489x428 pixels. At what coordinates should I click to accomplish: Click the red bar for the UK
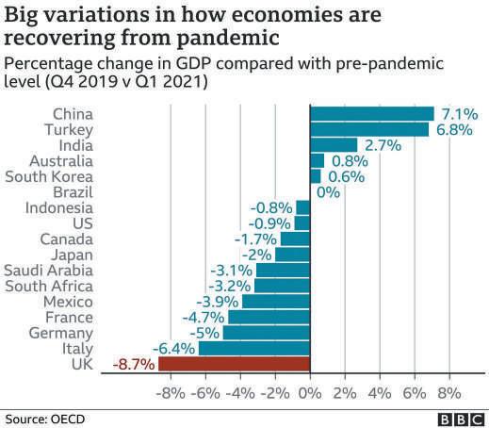click(235, 364)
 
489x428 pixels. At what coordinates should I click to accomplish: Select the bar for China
click(372, 113)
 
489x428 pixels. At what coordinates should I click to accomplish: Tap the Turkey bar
click(369, 129)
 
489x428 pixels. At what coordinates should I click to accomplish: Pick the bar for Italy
click(254, 348)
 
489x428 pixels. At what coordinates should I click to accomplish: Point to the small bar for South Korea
click(316, 176)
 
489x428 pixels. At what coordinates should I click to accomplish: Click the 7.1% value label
click(460, 114)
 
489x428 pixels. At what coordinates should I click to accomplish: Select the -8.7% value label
click(134, 365)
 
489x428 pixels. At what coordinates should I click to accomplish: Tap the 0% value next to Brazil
click(328, 192)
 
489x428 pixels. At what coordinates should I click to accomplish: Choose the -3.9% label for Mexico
click(218, 302)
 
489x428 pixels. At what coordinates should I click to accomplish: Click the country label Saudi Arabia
click(49, 271)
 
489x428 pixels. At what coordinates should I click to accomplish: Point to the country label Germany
click(61, 334)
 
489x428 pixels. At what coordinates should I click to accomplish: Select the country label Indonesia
click(59, 207)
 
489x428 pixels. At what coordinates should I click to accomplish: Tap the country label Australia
click(61, 161)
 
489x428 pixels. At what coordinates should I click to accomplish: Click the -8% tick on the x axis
click(171, 393)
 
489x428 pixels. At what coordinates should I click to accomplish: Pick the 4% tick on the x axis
click(380, 393)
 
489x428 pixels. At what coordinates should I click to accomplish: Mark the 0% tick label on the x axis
click(310, 393)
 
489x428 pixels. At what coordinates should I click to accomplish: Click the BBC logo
click(461, 420)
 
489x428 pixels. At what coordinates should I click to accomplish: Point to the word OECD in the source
click(68, 420)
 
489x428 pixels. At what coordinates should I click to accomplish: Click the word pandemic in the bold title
click(228, 39)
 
